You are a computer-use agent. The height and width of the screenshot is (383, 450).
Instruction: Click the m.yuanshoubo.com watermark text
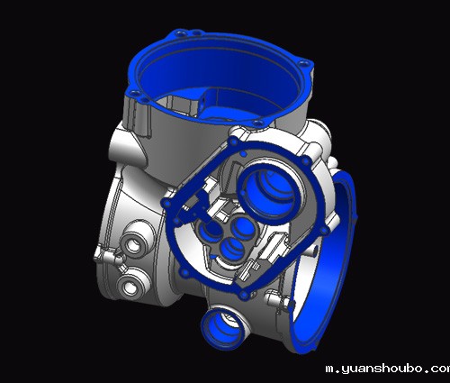click(x=388, y=369)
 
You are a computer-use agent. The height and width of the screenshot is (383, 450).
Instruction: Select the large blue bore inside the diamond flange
click(x=270, y=191)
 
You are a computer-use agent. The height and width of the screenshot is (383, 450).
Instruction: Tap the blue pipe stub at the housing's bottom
click(x=222, y=328)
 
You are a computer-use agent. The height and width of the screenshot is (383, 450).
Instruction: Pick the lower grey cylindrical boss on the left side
click(x=131, y=284)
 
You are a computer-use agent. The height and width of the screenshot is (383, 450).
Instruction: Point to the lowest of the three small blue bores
click(x=233, y=250)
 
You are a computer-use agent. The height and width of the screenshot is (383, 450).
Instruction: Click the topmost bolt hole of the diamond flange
click(x=233, y=141)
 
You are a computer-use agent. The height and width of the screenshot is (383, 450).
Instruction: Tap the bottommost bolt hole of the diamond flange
click(x=244, y=295)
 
